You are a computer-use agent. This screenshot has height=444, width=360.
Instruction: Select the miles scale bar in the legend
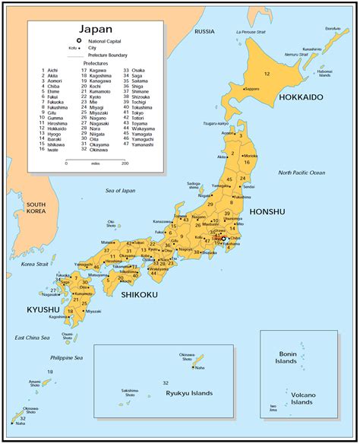point(96,158)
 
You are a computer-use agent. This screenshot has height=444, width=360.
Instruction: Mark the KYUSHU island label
point(43,309)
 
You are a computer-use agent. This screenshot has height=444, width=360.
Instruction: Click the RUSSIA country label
point(204,32)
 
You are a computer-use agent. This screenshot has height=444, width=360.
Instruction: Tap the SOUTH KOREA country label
point(36,209)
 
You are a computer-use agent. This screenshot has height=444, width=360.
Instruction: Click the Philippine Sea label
point(66,357)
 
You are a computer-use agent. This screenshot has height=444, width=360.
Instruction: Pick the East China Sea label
point(32,337)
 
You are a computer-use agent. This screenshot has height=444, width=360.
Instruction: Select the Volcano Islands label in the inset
point(302,398)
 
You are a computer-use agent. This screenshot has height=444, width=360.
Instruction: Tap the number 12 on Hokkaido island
point(267,74)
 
